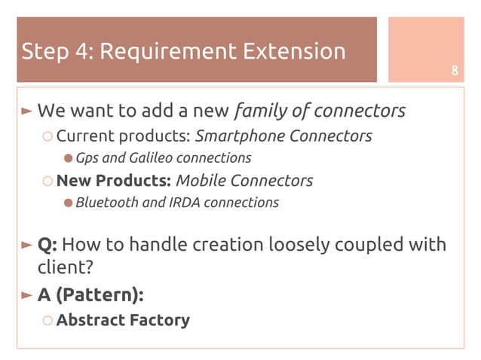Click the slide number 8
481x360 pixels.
[x=455, y=72]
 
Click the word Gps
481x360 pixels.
[x=87, y=158]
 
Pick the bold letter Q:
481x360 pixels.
[x=47, y=246]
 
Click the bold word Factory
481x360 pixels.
[x=160, y=320]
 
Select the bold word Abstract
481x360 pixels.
[x=90, y=320]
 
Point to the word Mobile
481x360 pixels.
[x=201, y=181]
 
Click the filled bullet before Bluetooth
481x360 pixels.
[x=68, y=203]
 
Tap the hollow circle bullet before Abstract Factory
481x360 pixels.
[x=47, y=321]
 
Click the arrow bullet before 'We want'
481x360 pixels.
[x=27, y=111]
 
